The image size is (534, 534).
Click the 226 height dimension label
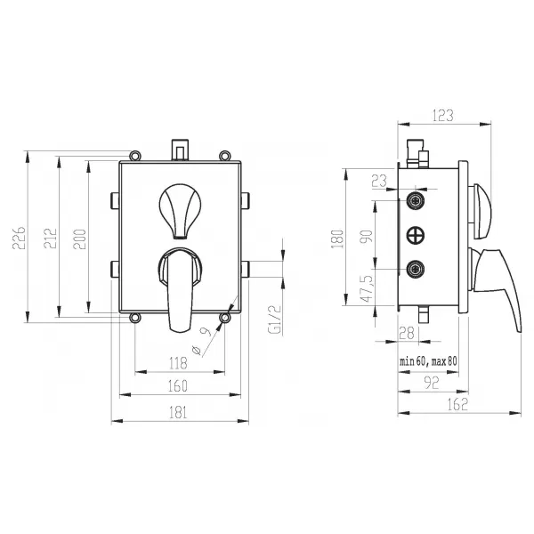click(19, 238)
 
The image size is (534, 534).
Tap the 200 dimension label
click(80, 239)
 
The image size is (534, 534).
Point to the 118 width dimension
click(179, 363)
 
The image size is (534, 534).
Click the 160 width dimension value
click(178, 386)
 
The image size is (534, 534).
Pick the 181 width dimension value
click(178, 412)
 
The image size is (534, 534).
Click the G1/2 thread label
click(275, 320)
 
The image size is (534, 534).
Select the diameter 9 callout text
click(201, 341)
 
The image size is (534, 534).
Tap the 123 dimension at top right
click(443, 116)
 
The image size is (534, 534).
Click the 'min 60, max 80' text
click(428, 361)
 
